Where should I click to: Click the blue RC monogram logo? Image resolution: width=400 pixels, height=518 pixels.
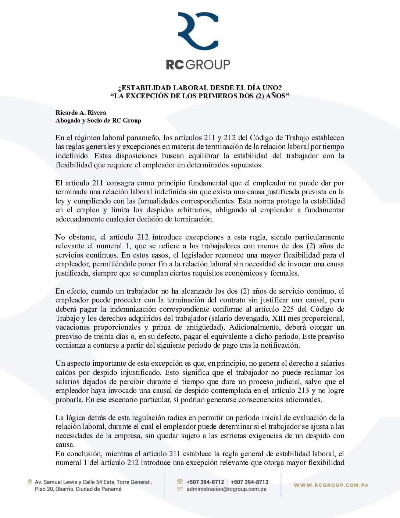[198, 31]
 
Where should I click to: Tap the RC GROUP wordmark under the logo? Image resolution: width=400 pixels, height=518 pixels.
[198, 65]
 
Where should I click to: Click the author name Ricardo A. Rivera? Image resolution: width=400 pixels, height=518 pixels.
[81, 113]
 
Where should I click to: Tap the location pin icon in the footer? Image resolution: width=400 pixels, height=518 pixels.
[30, 482]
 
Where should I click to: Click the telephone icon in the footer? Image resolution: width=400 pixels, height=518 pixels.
[180, 482]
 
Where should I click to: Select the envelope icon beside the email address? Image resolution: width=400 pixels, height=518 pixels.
[180, 489]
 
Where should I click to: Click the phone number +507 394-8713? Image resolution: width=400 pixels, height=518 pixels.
[250, 482]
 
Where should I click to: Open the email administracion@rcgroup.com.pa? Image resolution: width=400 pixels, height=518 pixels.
[226, 489]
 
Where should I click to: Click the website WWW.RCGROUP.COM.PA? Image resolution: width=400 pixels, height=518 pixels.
[331, 485]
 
